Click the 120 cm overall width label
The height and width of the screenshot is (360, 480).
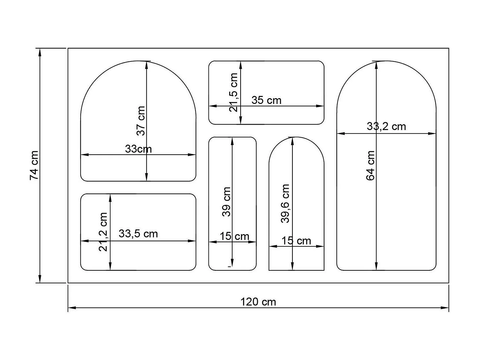pyautogui.click(x=258, y=302)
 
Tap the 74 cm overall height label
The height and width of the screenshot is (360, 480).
pyautogui.click(x=34, y=165)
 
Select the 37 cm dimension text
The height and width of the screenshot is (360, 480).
pyautogui.click(x=141, y=121)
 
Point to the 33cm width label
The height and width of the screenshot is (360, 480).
pyautogui.click(x=138, y=149)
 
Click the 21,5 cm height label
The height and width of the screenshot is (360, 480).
pyautogui.click(x=234, y=92)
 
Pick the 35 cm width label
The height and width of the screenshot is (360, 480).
pyautogui.click(x=266, y=100)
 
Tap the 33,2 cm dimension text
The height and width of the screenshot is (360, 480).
pyautogui.click(x=386, y=126)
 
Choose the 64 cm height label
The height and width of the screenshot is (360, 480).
pyautogui.click(x=370, y=165)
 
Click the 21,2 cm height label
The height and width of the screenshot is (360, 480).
pyautogui.click(x=103, y=232)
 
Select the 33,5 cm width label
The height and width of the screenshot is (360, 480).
pyautogui.click(x=138, y=234)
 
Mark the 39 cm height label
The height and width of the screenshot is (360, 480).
pyautogui.click(x=227, y=202)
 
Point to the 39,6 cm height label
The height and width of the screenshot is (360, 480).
pyautogui.click(x=285, y=203)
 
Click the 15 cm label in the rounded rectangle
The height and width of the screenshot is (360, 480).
pyautogui.click(x=234, y=236)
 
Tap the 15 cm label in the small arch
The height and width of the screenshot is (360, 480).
pyautogui.click(x=296, y=241)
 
